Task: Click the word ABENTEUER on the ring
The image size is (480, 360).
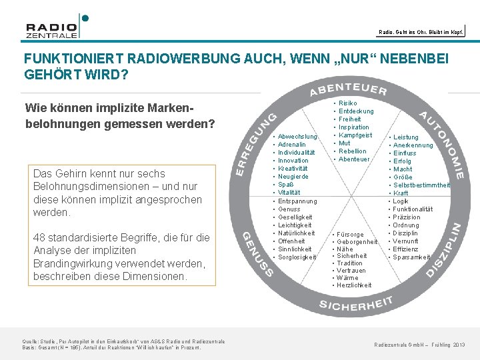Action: click(348, 89)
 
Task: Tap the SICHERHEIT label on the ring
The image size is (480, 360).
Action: click(355, 305)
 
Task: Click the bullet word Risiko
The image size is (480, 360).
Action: click(348, 103)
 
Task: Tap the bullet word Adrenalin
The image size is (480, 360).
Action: click(292, 145)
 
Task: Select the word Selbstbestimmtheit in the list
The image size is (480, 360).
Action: click(421, 185)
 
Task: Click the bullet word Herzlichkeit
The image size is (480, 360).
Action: click(354, 285)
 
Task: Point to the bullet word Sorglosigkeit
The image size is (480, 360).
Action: click(297, 257)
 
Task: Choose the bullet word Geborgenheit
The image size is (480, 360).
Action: click(357, 242)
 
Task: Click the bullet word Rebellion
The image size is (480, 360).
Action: click(353, 151)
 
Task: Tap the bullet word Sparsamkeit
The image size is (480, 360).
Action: click(411, 257)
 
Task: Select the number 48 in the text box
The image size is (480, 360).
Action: click(39, 238)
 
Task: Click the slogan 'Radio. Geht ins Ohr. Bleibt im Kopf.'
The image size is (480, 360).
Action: click(421, 31)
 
